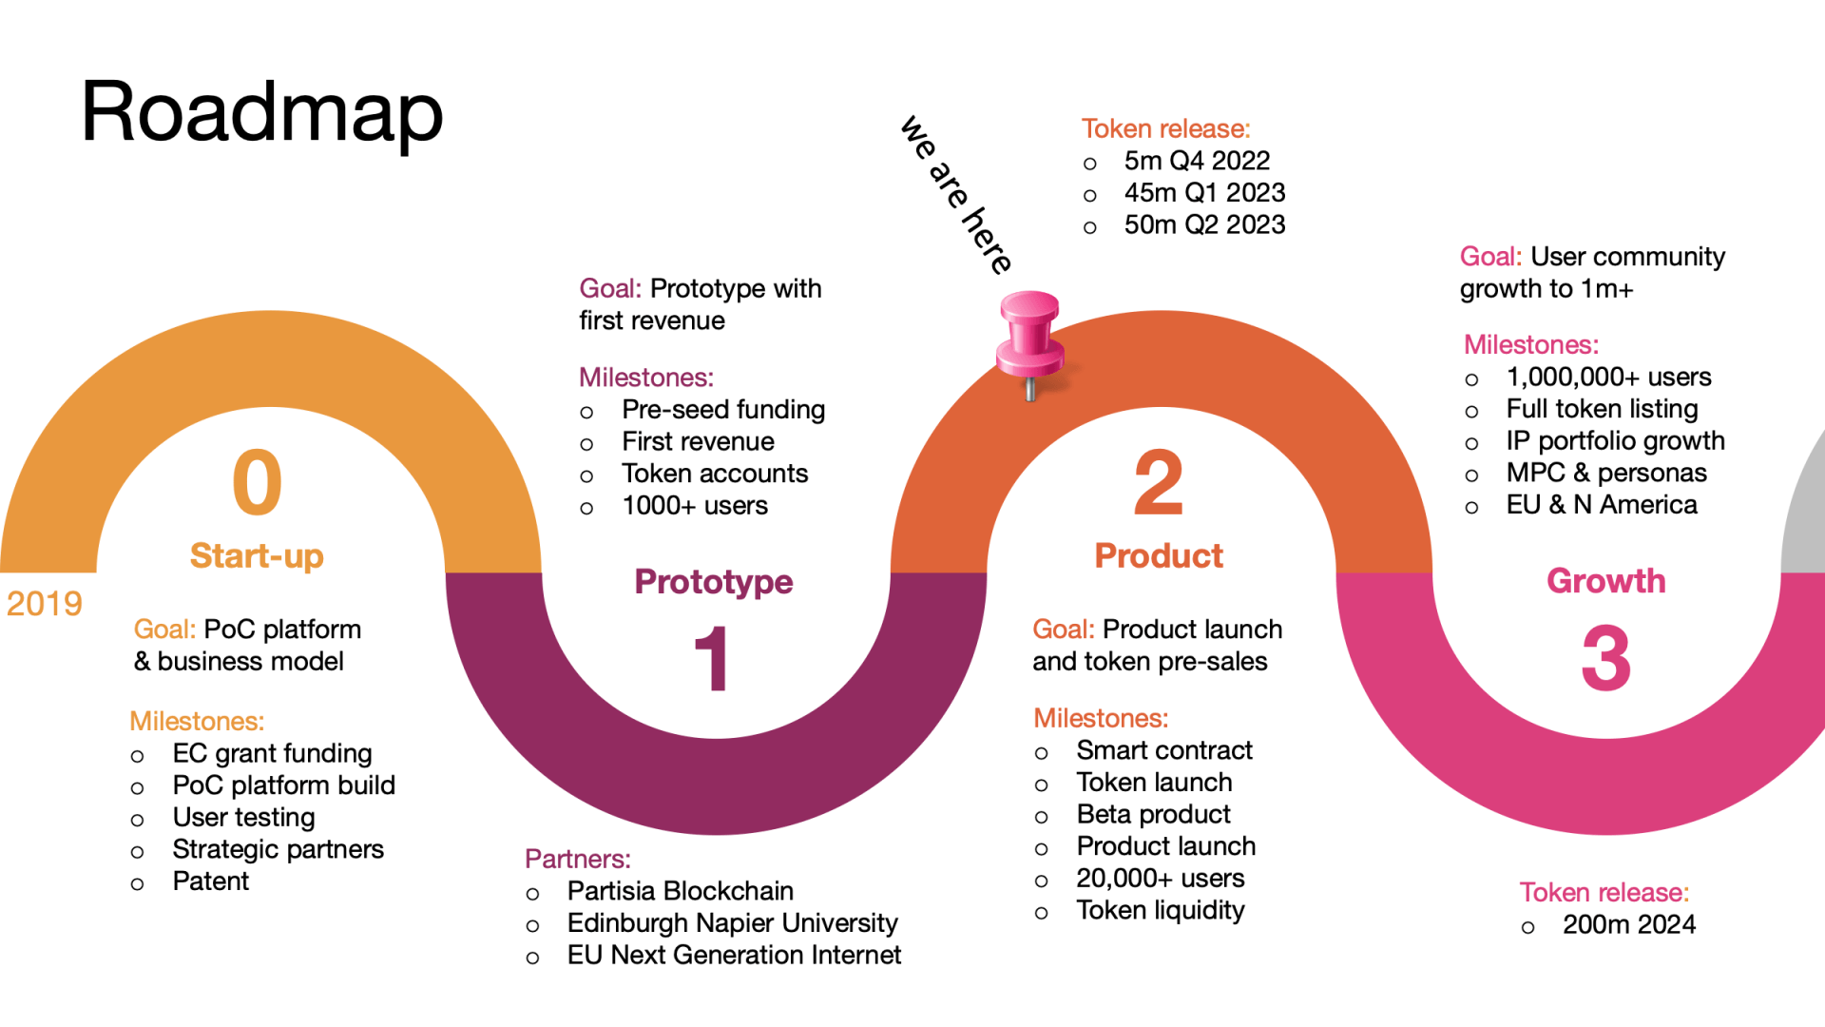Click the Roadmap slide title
click(262, 112)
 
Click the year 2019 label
click(44, 604)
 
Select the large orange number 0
click(257, 482)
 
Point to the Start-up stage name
click(257, 555)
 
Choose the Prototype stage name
click(713, 581)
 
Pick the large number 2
click(1159, 482)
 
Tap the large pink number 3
click(1605, 658)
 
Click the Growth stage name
click(1605, 581)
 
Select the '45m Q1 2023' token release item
click(1204, 193)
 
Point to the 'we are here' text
click(956, 195)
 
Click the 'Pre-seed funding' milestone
click(722, 410)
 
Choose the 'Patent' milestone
click(210, 882)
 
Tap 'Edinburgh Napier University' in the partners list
click(732, 923)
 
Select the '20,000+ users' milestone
click(1160, 879)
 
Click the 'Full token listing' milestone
click(1602, 409)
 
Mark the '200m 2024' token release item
click(1628, 924)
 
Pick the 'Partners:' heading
click(578, 859)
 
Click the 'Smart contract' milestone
click(1164, 750)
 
